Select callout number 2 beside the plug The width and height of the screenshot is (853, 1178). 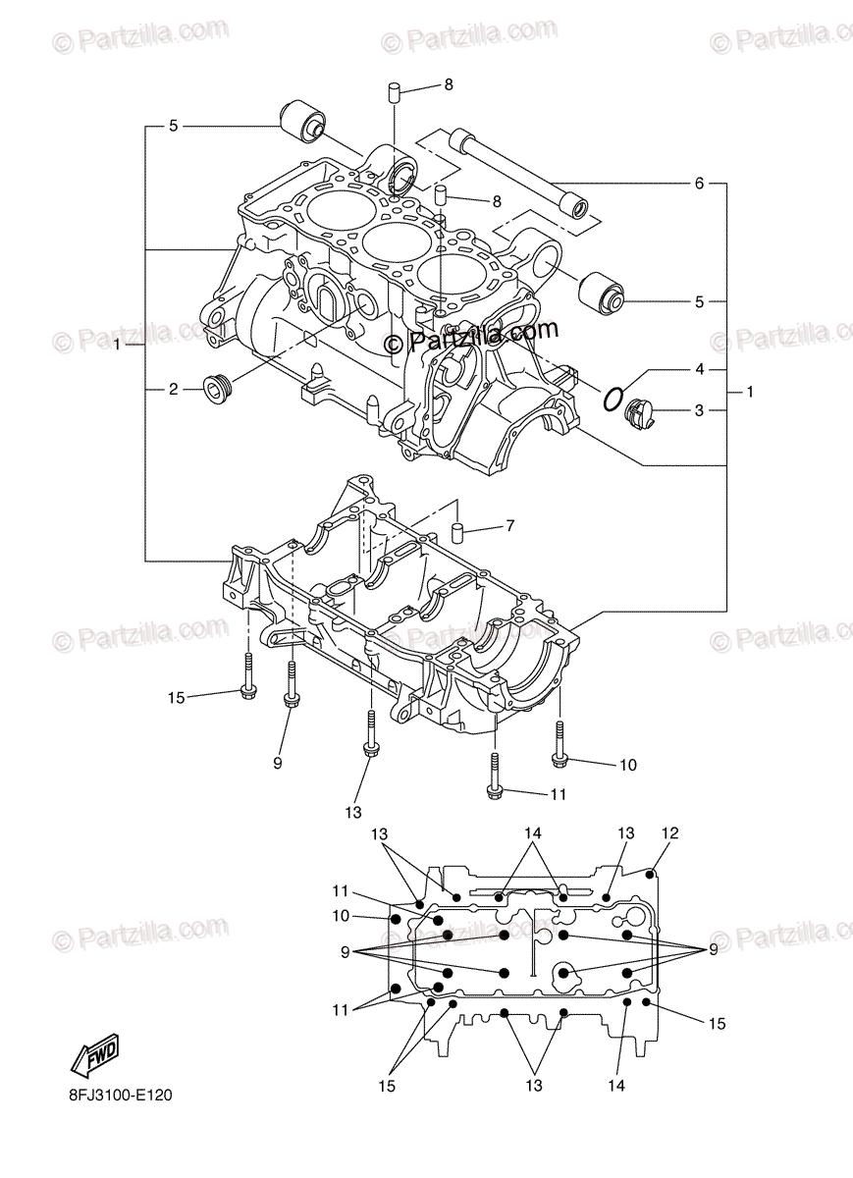point(173,389)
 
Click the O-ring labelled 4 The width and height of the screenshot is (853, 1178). point(613,399)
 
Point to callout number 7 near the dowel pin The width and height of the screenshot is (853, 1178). point(509,527)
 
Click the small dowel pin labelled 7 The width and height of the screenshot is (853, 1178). point(457,533)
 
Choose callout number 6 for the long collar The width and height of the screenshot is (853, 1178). point(699,184)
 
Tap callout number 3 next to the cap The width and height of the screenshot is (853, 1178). point(699,410)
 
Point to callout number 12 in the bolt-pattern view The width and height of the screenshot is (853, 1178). point(669,833)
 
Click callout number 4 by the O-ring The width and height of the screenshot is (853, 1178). point(699,370)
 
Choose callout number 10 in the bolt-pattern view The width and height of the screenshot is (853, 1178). point(340,916)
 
